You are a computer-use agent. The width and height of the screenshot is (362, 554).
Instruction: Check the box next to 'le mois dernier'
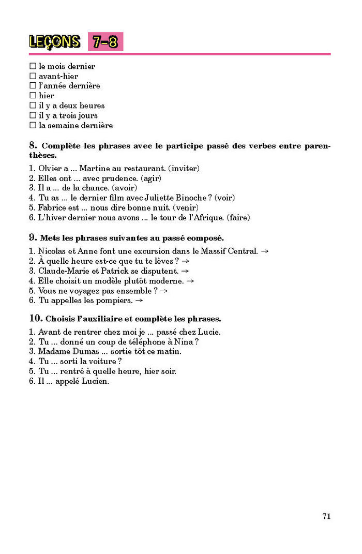coord(33,66)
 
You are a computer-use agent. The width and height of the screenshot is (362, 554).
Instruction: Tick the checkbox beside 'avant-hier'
coord(33,76)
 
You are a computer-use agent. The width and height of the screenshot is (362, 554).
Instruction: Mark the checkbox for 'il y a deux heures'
coord(33,106)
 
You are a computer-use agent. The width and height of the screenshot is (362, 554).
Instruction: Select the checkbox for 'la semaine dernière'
coord(33,125)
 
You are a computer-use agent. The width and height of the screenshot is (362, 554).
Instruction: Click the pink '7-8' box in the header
coord(105,41)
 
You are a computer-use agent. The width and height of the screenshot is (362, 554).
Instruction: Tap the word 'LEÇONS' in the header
coord(55,41)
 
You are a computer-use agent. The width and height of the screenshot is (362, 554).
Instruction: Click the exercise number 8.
coord(33,145)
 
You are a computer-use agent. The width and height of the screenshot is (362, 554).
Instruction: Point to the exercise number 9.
coord(33,237)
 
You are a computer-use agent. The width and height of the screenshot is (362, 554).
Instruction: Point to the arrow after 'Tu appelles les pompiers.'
coord(139,300)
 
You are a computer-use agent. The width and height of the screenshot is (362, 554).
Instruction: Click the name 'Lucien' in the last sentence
coord(96,381)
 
